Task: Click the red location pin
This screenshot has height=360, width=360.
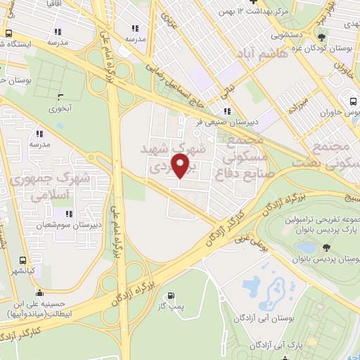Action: [x=181, y=166]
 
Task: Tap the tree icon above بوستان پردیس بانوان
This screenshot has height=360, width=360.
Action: [x=326, y=247]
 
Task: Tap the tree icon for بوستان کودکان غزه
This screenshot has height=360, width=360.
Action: [x=321, y=38]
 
